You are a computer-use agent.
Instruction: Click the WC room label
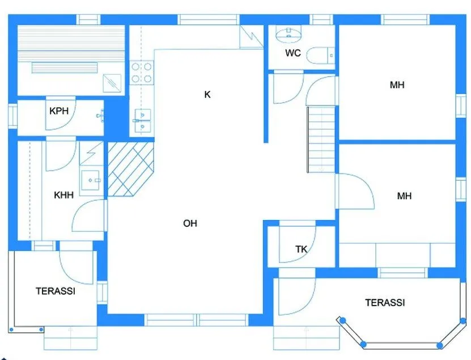pos(293,53)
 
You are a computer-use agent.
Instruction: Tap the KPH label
pos(59,111)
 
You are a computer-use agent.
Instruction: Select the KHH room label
pos(63,195)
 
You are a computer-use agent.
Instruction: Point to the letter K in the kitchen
pos(207,95)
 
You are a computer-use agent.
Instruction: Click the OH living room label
pos(190,223)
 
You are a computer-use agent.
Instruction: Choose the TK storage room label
pos(302,249)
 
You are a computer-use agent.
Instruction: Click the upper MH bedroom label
pos(397,85)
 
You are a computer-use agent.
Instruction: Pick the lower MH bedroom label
pos(404,196)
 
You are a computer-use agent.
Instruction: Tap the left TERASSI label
pos(56,291)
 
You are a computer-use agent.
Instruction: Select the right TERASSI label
pos(385,303)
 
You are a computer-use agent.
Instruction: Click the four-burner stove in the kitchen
pos(142,73)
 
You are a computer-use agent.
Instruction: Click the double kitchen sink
pos(142,121)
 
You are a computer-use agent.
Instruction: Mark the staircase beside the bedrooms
pos(321,139)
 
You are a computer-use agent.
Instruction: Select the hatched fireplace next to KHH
pos(131,169)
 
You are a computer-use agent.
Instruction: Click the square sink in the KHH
pos(91,180)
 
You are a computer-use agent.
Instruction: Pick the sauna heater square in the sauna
pos(112,83)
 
